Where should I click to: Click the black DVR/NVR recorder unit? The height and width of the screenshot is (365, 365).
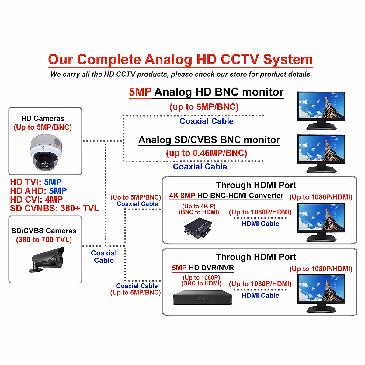coord(202,298)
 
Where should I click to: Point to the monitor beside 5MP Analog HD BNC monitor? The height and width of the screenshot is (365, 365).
coord(321,110)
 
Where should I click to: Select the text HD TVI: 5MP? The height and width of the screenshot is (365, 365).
coord(36,182)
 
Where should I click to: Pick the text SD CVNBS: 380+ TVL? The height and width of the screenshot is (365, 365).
coord(54,208)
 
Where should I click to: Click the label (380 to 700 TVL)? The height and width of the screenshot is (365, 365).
coord(44,240)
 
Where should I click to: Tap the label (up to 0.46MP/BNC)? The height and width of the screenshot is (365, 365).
coord(207,153)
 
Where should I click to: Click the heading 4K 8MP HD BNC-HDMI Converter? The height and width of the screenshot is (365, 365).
coord(226,196)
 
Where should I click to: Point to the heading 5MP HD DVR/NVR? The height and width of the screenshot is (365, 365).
coord(203,268)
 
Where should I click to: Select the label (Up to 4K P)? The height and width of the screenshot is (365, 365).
coord(199,206)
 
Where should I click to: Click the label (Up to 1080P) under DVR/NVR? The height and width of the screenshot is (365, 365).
coord(201,277)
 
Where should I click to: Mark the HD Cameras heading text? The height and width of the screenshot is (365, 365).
coord(43,118)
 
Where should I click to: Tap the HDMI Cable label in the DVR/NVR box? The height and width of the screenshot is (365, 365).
coord(260,295)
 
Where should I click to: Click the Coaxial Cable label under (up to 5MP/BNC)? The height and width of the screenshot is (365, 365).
coord(207,121)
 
